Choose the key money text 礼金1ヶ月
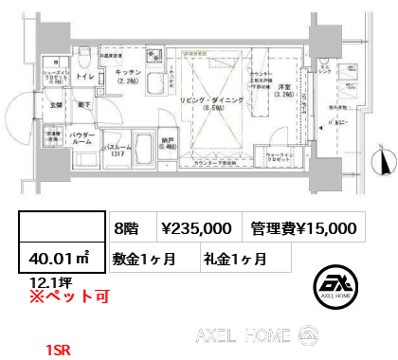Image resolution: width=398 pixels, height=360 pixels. click(233, 258)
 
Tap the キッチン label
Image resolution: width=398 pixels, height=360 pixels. click(129, 73)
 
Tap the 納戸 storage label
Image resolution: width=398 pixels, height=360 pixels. click(168, 137)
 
